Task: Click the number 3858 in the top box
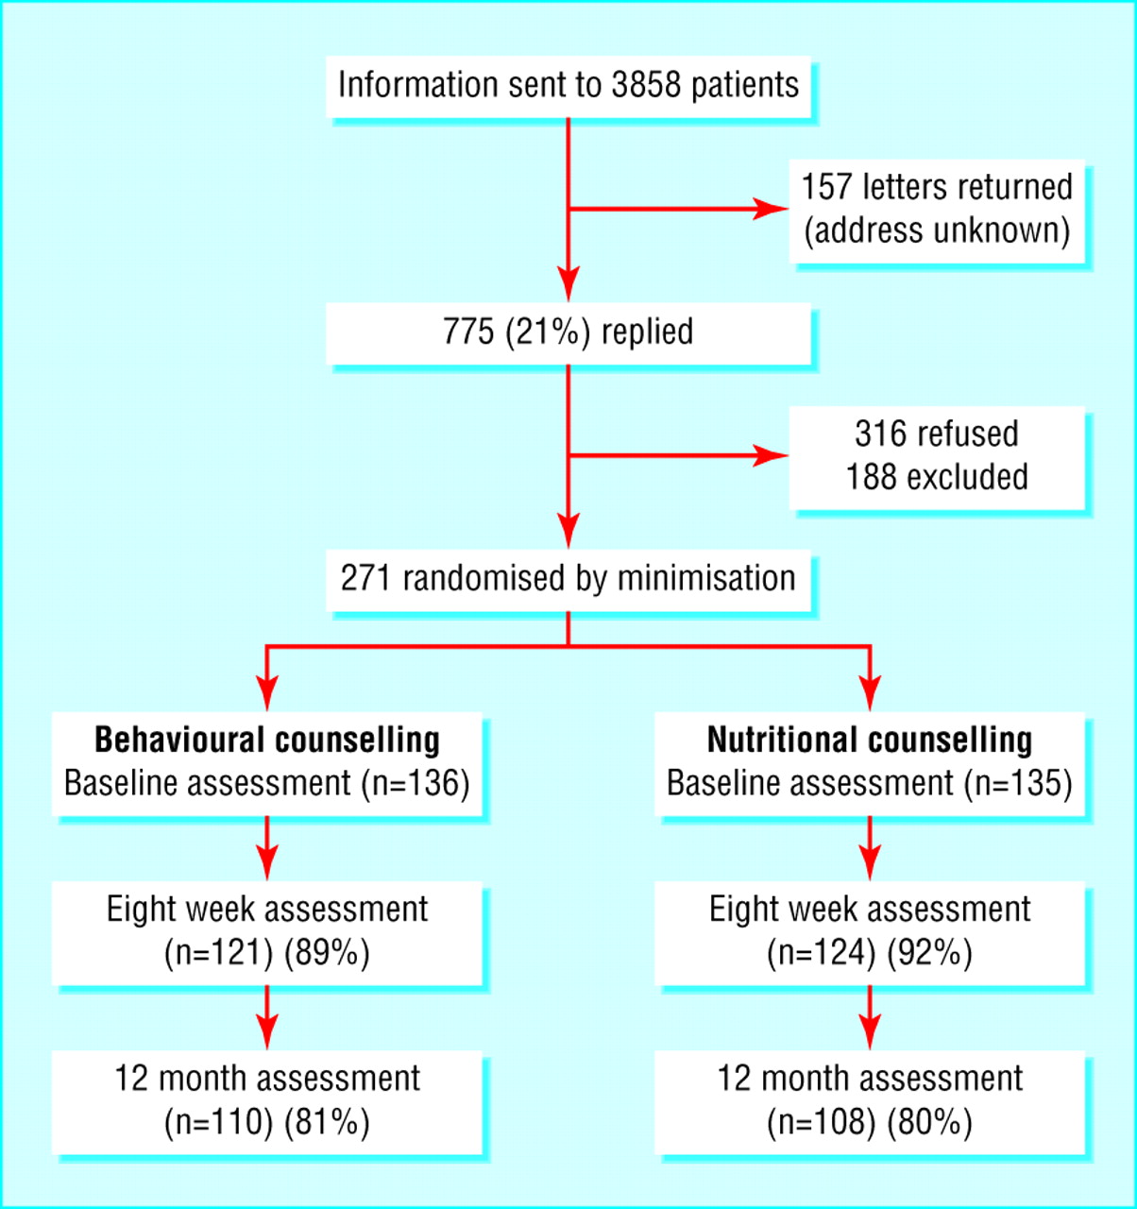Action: point(646,85)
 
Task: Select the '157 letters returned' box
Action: point(937,212)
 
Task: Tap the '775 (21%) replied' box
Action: point(568,333)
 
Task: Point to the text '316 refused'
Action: point(937,434)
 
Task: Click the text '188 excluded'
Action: point(937,477)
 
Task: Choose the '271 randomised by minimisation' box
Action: point(568,580)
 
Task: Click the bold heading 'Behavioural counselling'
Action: point(267,741)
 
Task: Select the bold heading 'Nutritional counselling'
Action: point(870,741)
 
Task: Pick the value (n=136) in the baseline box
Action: point(416,783)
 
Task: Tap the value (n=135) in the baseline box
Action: point(1018,783)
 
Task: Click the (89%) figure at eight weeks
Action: point(327,953)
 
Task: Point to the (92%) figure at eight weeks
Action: point(929,953)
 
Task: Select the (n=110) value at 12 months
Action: point(218,1122)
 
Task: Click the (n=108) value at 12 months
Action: point(821,1122)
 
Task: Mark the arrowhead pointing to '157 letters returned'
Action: point(771,209)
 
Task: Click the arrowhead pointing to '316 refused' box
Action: point(771,455)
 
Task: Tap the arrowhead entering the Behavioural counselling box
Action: point(267,693)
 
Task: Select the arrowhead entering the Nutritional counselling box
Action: point(870,693)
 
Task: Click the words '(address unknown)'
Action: point(937,230)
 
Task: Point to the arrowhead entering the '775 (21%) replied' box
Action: point(568,283)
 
